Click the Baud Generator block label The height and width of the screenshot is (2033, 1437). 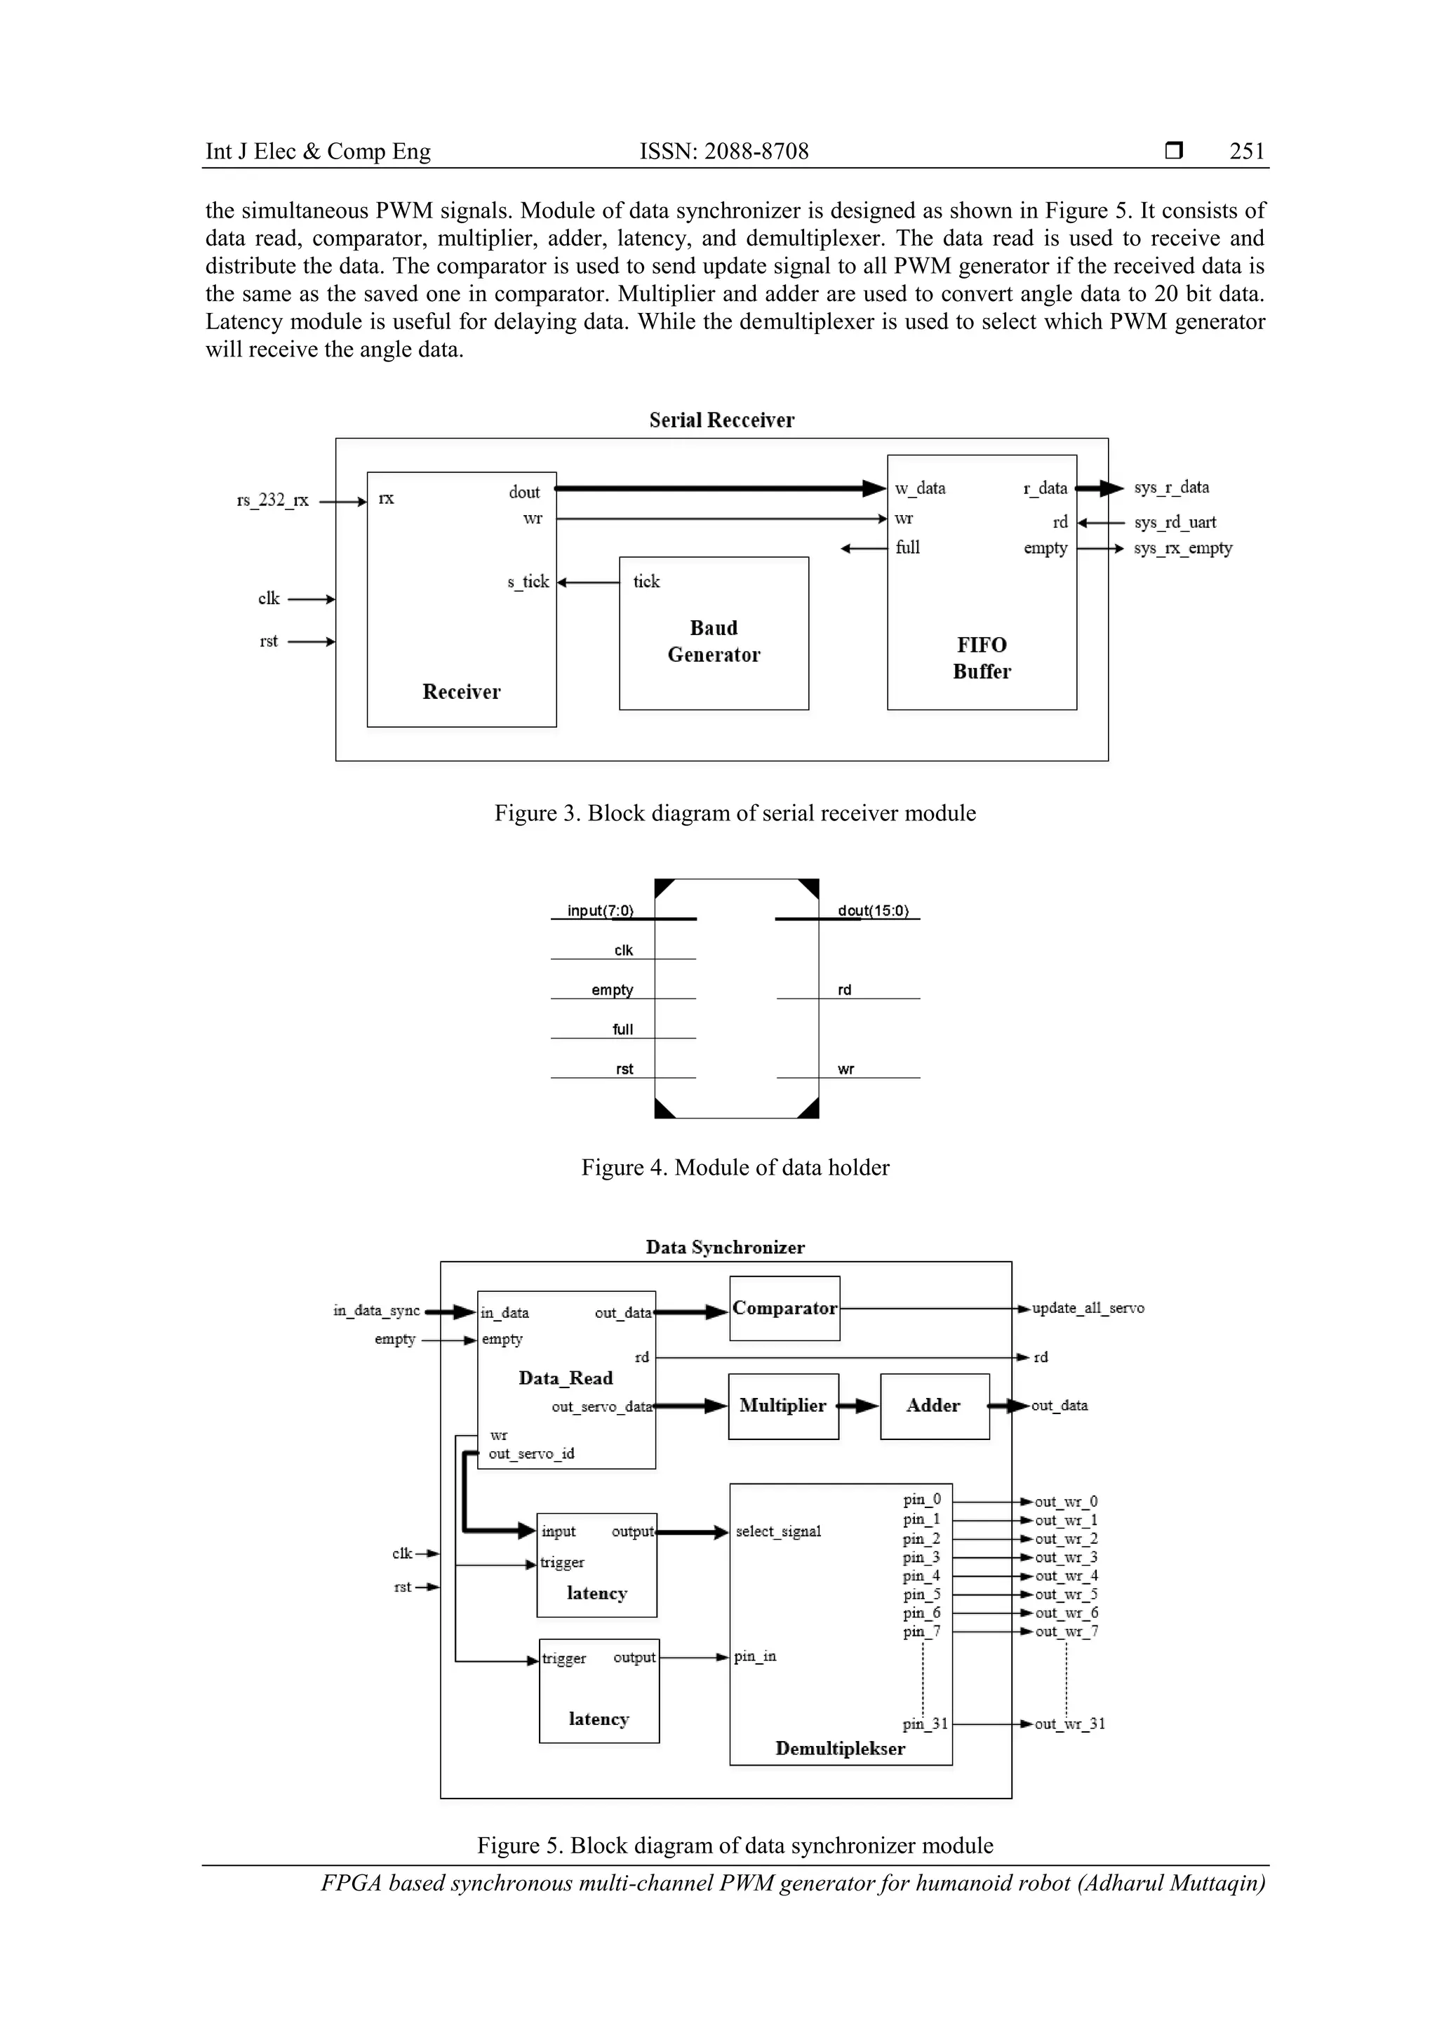pyautogui.click(x=714, y=641)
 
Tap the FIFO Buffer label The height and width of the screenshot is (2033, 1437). pyautogui.click(x=981, y=658)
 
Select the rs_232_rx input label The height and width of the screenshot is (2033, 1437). pyautogui.click(x=273, y=500)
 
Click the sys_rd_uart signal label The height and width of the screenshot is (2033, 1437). pyautogui.click(x=1175, y=522)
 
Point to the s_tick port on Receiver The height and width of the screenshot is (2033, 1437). pyautogui.click(x=528, y=582)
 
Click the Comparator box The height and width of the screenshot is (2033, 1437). pyautogui.click(x=784, y=1308)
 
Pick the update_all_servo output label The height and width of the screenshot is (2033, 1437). pyautogui.click(x=1088, y=1308)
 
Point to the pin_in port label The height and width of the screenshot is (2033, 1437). pyautogui.click(x=755, y=1655)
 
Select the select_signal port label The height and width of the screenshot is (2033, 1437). pyautogui.click(x=778, y=1531)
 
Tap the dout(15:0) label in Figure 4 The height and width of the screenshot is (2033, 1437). pyautogui.click(x=873, y=910)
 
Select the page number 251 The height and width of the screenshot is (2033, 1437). pyautogui.click(x=1247, y=152)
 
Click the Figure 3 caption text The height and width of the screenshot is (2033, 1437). pyautogui.click(x=735, y=813)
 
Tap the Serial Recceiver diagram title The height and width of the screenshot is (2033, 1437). pyautogui.click(x=721, y=420)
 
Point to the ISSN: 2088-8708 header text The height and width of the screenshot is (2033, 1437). pyautogui.click(x=724, y=152)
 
